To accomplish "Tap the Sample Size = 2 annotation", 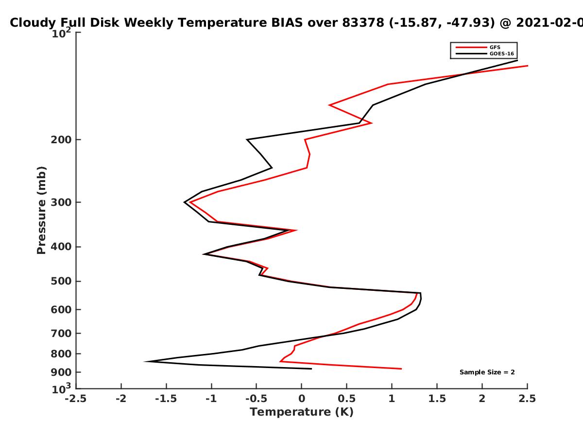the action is [487, 372].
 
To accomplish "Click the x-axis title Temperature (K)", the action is [302, 412].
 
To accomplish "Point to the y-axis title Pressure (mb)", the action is [41, 210].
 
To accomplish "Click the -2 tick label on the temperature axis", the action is [121, 399].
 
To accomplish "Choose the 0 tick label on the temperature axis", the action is [302, 399].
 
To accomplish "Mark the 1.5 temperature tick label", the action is [437, 399].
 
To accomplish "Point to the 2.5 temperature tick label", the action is [527, 399].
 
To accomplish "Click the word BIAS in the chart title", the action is [287, 23].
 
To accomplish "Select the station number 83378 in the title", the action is [363, 23].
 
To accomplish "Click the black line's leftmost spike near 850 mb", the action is [145, 361].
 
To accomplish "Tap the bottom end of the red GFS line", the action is [401, 369].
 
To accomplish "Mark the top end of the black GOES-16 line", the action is [517, 61].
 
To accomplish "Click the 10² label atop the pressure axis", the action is [61, 33].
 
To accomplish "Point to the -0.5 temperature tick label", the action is [257, 399].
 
